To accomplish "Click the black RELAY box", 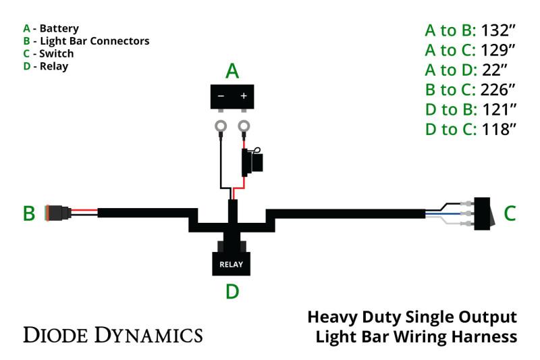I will pos(231,263).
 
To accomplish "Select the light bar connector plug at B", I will pos(57,213).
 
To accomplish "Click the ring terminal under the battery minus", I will pos(220,126).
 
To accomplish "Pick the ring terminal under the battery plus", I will pos(244,126).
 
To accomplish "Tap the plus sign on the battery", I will pos(244,96).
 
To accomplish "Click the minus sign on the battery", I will pos(221,96).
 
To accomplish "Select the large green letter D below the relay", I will pos(232,292).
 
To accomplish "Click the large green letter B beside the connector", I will pos(29,213).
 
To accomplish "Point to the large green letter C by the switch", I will pos(510,213).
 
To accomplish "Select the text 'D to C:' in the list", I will pos(450,129).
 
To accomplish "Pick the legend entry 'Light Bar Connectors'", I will pos(94,41).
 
